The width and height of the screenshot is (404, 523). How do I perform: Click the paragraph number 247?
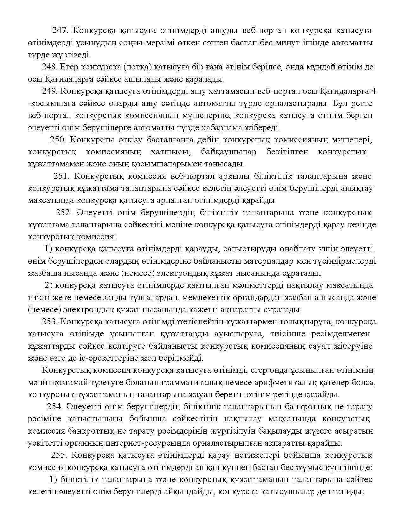tap(60, 30)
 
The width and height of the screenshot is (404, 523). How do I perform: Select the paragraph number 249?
tap(49, 91)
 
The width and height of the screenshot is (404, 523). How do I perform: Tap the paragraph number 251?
tap(62, 176)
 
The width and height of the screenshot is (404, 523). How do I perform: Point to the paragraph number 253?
tap(49, 322)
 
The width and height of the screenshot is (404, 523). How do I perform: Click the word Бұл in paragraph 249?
tap(338, 103)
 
